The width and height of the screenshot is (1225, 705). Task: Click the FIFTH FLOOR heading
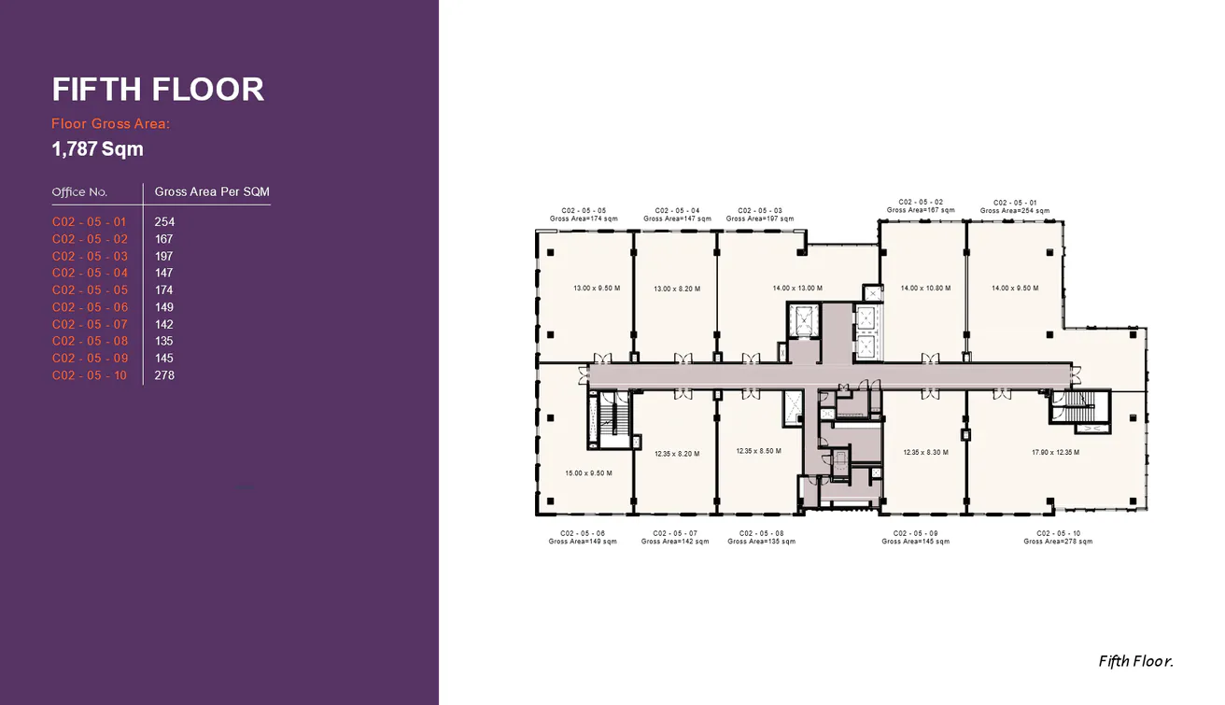(x=158, y=90)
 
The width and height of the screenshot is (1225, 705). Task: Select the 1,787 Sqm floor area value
(x=97, y=148)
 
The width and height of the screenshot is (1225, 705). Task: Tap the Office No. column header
(x=79, y=192)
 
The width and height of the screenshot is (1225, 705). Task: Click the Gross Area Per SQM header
(x=212, y=192)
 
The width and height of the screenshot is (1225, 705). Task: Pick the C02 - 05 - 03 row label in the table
(x=90, y=256)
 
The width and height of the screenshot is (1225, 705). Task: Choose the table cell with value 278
(x=164, y=375)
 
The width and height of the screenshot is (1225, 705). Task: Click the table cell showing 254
(x=164, y=222)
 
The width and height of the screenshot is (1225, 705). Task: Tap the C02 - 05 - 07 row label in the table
(x=90, y=324)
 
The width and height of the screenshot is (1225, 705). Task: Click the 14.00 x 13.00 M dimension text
(x=797, y=289)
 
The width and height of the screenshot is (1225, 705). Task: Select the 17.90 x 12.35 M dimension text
(x=1055, y=453)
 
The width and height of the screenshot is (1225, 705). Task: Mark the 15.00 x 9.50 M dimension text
(x=588, y=473)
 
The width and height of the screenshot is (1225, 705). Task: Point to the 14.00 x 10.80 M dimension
(x=925, y=289)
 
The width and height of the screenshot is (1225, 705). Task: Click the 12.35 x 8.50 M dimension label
(x=758, y=451)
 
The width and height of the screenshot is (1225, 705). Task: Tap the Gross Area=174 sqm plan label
(x=584, y=219)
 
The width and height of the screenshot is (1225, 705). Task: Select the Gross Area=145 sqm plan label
(x=915, y=542)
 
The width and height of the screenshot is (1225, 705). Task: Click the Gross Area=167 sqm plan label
(x=921, y=210)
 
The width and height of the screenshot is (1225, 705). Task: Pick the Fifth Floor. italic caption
(x=1135, y=661)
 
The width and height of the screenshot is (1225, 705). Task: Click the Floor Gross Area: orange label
(x=110, y=123)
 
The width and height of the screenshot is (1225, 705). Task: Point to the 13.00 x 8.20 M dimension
(x=677, y=289)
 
